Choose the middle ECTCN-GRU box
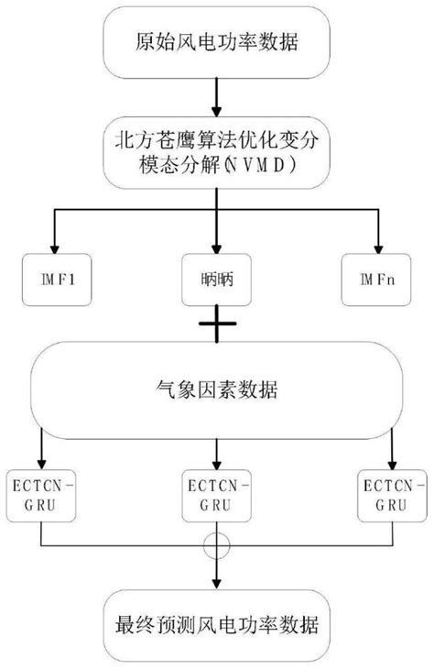pyautogui.click(x=216, y=496)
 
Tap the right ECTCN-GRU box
pyautogui.click(x=392, y=496)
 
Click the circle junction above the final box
pyautogui.click(x=216, y=543)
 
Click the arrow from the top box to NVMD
pyautogui.click(x=216, y=96)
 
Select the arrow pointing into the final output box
pyautogui.click(x=216, y=577)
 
